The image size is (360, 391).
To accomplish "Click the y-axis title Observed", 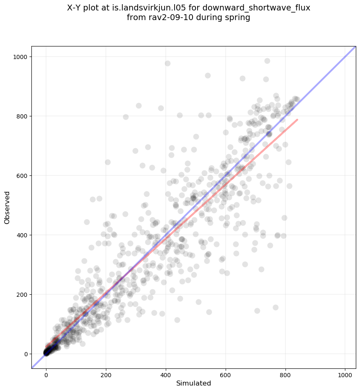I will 7,207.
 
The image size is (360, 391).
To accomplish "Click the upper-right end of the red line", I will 297,120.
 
